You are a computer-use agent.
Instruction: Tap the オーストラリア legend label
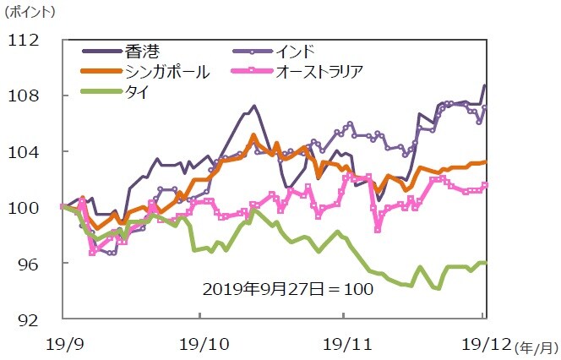pos(318,71)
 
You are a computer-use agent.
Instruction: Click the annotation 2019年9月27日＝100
pos(288,289)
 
